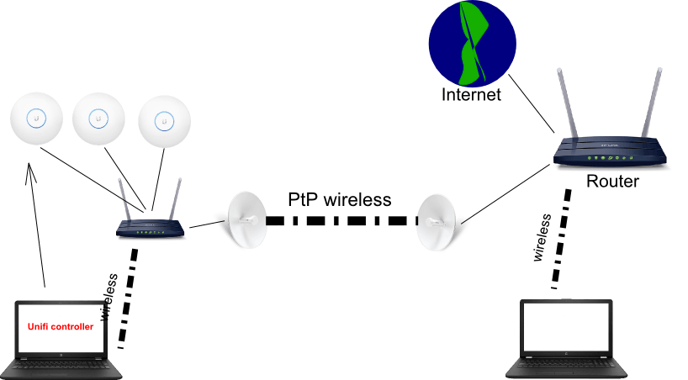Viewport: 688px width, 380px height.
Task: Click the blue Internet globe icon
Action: tap(472, 43)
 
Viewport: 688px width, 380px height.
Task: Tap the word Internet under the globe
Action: tap(471, 95)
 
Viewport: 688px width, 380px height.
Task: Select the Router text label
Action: tap(612, 182)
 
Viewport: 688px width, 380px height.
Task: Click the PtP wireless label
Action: tap(339, 199)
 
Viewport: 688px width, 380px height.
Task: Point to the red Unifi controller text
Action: tap(61, 326)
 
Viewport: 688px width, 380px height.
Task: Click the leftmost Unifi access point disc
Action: tap(36, 119)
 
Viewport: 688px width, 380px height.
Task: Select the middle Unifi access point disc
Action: tap(98, 119)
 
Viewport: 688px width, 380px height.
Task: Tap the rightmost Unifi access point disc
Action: tap(165, 122)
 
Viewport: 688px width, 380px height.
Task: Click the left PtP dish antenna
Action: tap(246, 219)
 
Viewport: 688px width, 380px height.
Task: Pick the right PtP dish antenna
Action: tap(437, 223)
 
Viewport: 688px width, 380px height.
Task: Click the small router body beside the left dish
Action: tap(150, 229)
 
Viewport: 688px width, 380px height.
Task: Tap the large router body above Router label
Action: tap(610, 151)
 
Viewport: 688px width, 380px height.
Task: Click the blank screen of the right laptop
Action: tap(566, 326)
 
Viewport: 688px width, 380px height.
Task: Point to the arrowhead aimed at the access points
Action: tap(30, 172)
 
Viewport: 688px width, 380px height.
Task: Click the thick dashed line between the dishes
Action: tap(341, 220)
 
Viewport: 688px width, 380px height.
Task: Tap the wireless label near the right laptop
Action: tap(542, 237)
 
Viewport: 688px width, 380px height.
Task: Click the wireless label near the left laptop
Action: tap(108, 297)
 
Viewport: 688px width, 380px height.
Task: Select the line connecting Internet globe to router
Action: tap(532, 103)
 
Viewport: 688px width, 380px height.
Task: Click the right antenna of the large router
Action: tap(651, 103)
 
